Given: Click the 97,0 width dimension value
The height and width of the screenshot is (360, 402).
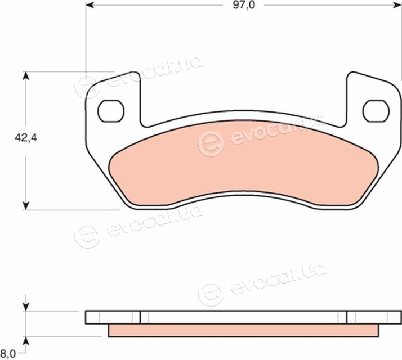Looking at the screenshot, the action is tap(244, 5).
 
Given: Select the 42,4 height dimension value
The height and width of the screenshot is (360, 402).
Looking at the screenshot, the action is tap(26, 138).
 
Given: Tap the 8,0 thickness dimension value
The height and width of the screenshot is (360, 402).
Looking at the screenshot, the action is tap(8, 354).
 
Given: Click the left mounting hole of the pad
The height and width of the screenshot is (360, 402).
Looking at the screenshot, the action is tap(111, 111).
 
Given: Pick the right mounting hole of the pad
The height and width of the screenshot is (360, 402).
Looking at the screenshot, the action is tap(376, 111).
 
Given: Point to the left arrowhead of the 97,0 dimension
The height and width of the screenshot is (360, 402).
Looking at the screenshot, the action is tap(90, 5).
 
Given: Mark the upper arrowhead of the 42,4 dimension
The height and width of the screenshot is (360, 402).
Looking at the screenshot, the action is tap(26, 76).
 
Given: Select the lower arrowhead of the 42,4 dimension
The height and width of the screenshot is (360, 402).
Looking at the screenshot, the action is tap(26, 205).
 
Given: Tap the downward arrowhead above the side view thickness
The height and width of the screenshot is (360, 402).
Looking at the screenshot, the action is tap(26, 307).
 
